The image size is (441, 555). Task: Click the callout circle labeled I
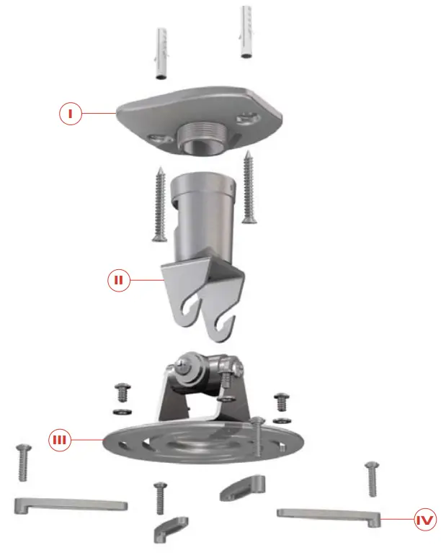(x=69, y=113)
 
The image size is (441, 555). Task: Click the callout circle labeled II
(x=120, y=281)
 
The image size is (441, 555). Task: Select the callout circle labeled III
(x=60, y=440)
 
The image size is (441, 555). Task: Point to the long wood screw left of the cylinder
(x=159, y=204)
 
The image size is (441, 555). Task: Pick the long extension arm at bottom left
(x=70, y=503)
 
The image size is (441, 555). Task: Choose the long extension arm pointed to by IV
(x=327, y=513)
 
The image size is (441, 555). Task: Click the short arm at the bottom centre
(x=171, y=527)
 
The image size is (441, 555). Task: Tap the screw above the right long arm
(x=371, y=478)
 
